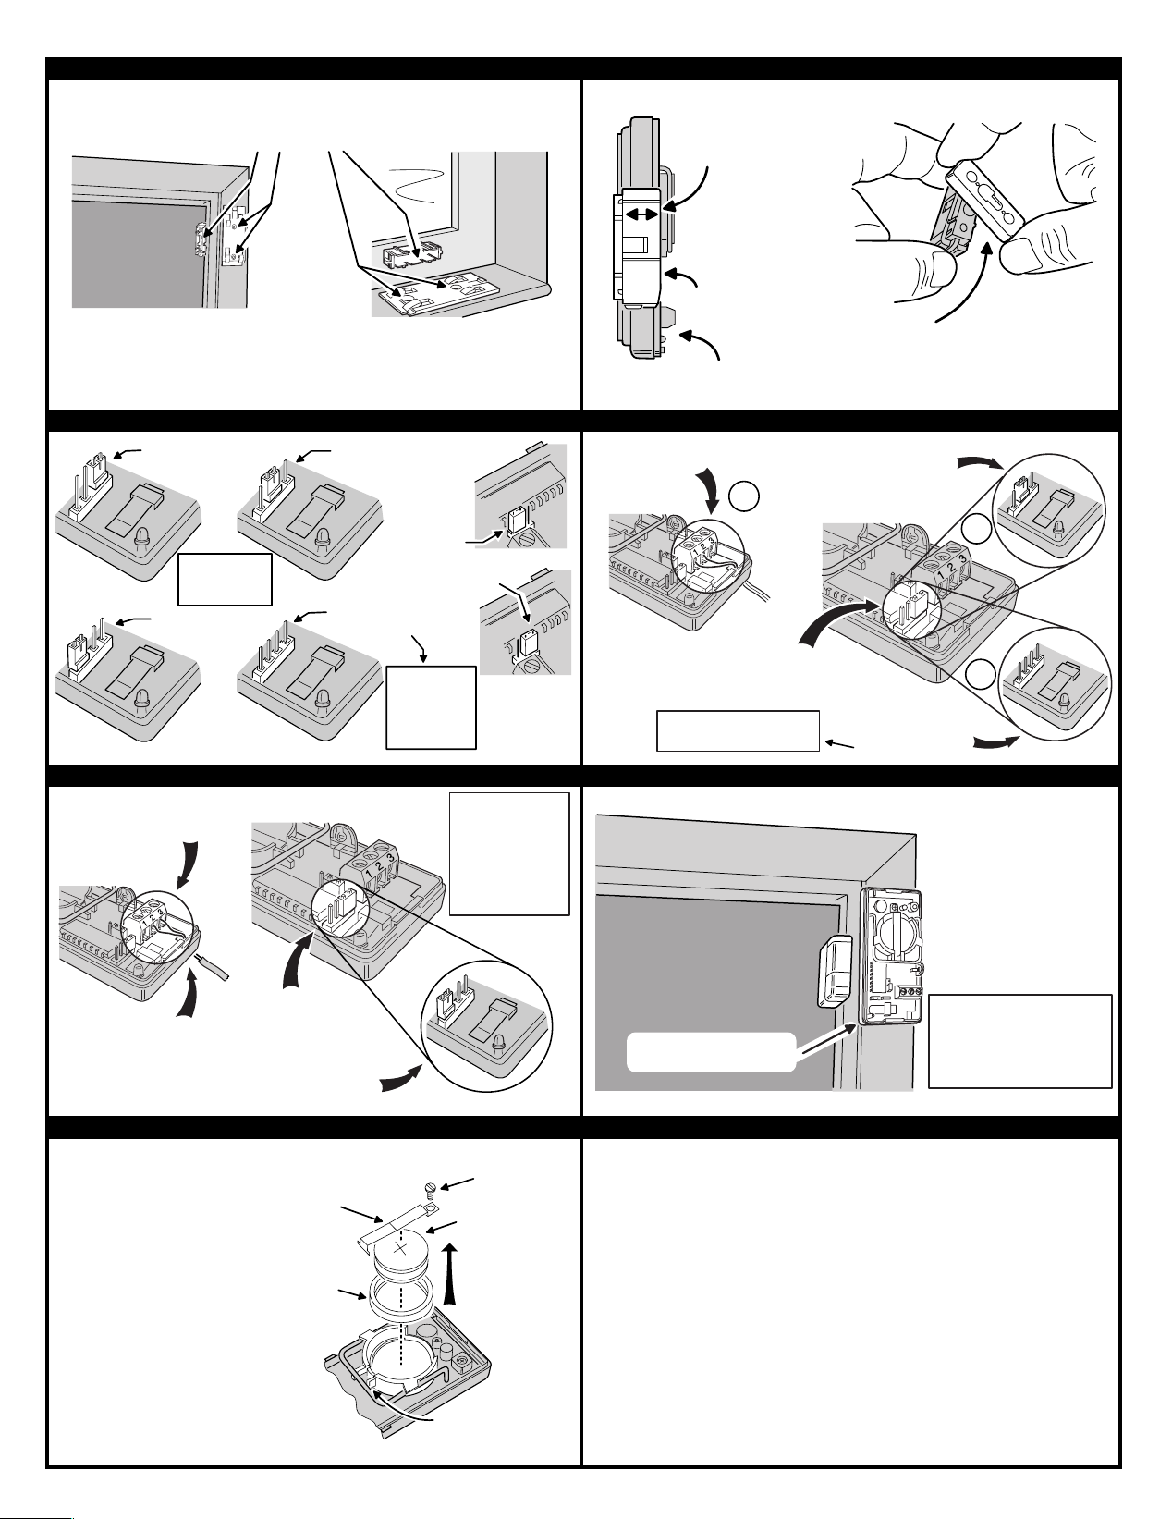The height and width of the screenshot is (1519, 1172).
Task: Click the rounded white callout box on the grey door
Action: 711,1052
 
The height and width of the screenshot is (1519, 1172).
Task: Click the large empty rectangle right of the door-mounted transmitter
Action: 1019,1041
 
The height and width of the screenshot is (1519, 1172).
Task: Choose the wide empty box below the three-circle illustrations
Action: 738,730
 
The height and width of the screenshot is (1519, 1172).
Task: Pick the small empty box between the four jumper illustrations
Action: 225,579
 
